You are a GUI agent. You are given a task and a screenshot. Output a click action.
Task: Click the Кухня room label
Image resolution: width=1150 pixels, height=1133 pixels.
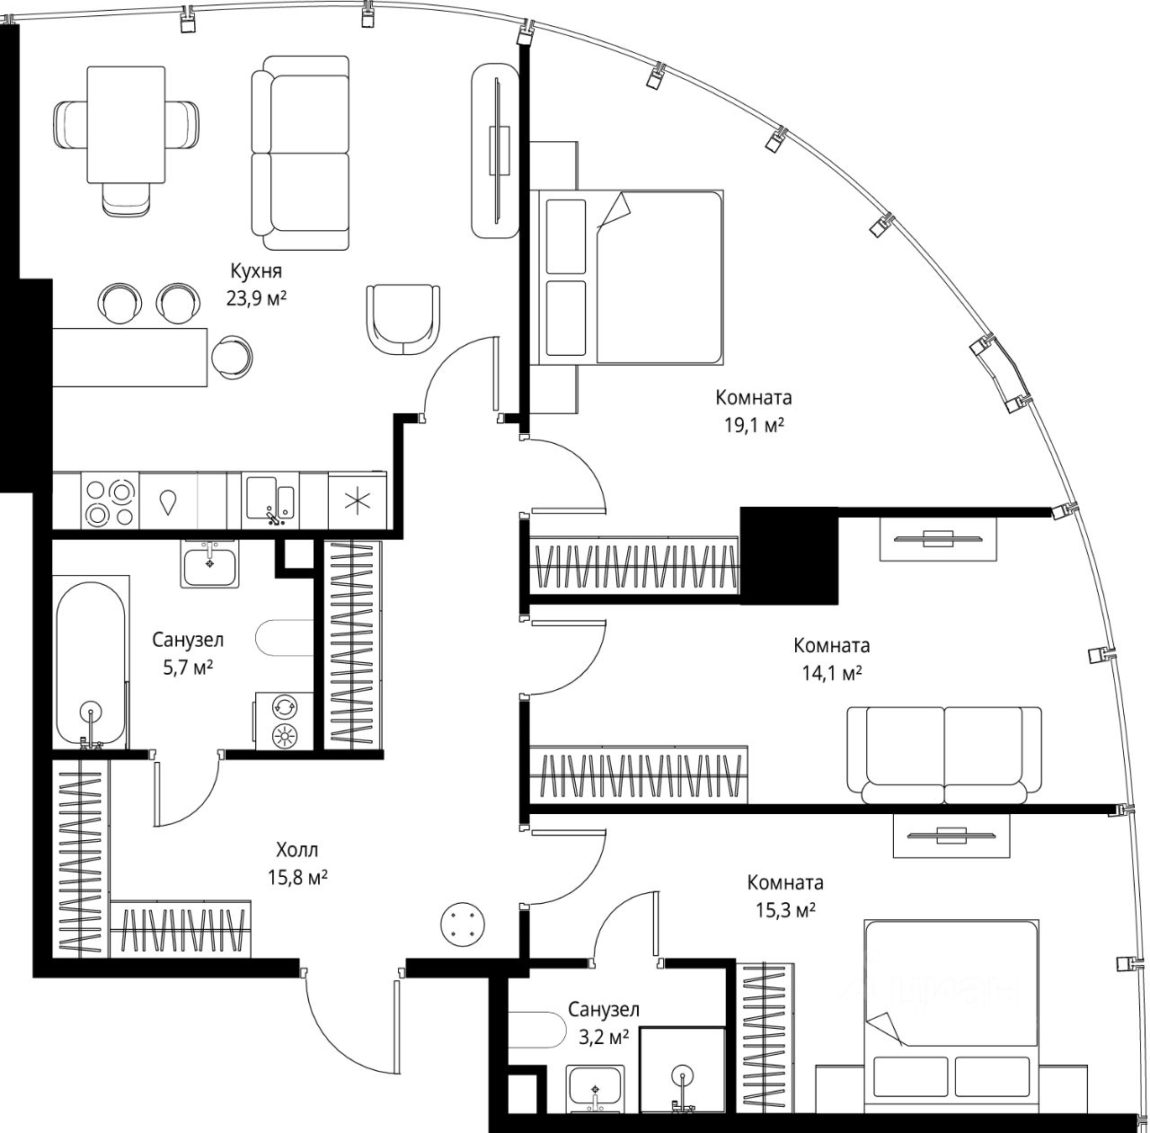[256, 271]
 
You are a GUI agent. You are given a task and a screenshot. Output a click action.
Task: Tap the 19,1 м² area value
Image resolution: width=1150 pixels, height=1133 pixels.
[754, 426]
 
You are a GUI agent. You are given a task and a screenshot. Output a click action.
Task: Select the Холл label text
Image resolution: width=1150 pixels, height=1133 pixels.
[297, 849]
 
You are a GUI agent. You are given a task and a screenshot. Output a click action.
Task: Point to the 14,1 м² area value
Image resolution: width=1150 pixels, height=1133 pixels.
[832, 674]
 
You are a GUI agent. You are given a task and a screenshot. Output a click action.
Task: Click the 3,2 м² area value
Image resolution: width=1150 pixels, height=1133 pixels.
[604, 1037]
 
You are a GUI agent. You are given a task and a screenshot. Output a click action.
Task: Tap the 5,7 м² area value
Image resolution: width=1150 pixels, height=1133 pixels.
[188, 667]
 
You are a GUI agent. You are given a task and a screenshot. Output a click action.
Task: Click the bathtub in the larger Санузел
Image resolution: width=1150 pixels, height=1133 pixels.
[92, 663]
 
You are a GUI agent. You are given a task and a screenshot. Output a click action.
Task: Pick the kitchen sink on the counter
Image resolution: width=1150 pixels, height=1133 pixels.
[270, 500]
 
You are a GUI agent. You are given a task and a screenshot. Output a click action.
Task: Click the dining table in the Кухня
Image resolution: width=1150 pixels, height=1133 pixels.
[126, 125]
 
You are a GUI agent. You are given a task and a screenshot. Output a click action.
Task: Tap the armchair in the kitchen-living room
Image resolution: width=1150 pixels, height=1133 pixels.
[403, 319]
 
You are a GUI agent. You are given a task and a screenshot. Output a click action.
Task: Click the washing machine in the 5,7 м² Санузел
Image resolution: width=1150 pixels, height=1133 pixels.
[284, 721]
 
